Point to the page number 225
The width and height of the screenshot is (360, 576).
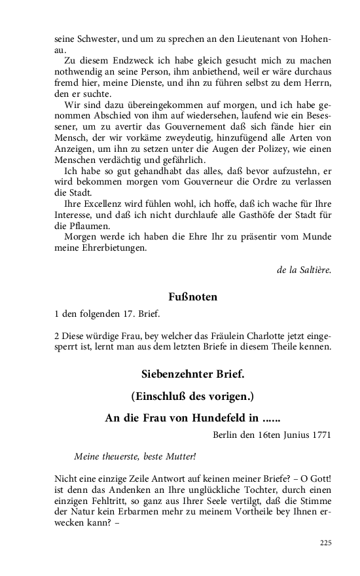[x=326, y=543]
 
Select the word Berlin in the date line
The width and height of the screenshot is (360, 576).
[x=227, y=434]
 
